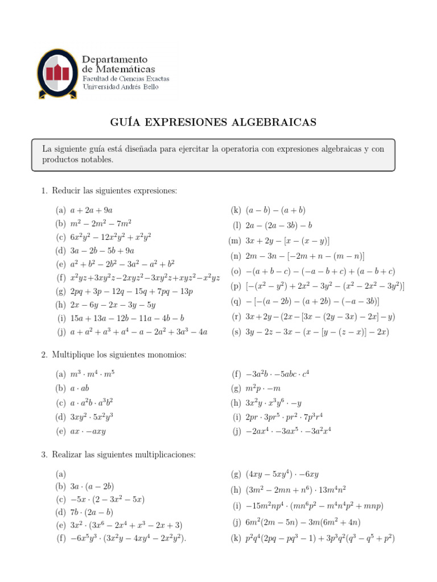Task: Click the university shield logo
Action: tap(57, 73)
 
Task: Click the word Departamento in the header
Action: tap(115, 60)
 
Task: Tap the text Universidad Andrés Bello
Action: tap(121, 88)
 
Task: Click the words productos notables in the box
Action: tap(78, 160)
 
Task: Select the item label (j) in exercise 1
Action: tap(61, 332)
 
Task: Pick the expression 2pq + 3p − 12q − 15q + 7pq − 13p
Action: tap(132, 292)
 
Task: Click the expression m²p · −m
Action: tap(263, 388)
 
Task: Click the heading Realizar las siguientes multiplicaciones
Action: tap(123, 455)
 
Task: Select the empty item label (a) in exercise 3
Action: tap(61, 474)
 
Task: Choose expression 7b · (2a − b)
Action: tap(93, 512)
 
